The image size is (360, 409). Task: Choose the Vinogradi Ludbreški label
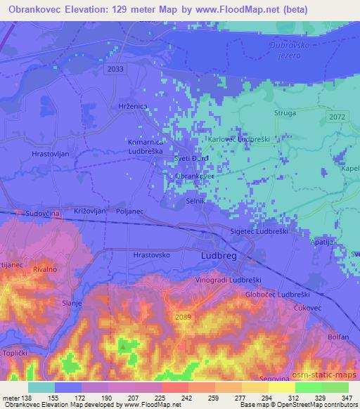[229, 280]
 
